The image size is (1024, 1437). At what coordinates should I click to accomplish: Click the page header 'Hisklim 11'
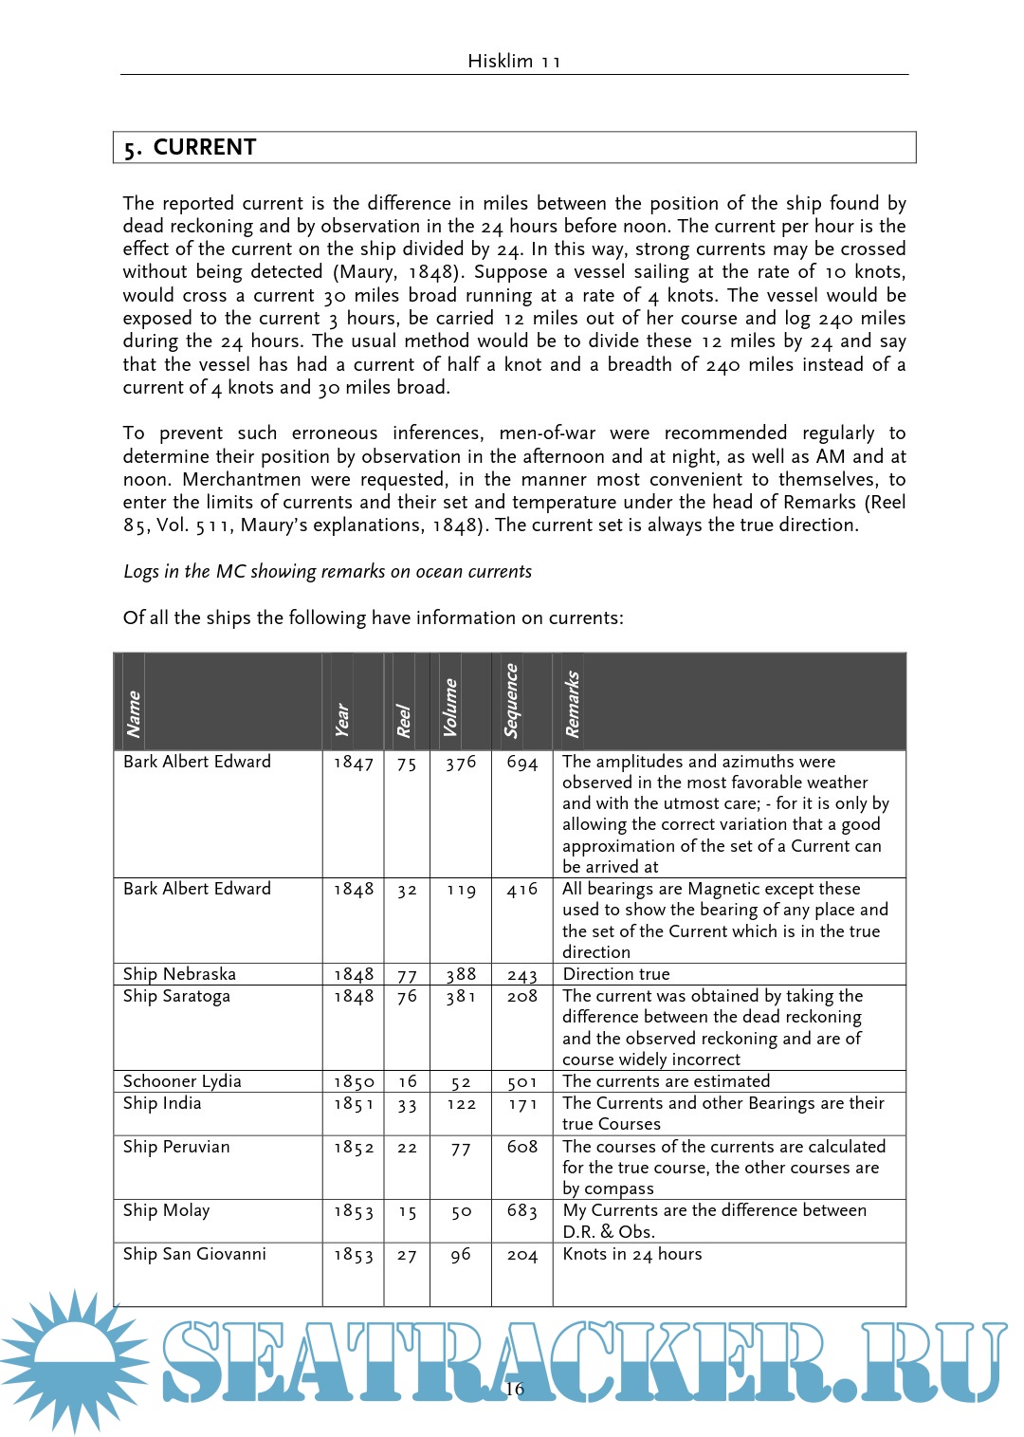514,62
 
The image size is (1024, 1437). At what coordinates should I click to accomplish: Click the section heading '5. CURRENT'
191,148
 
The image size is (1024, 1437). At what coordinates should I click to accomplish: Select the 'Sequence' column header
512,701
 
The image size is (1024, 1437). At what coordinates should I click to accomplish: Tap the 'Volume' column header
450,708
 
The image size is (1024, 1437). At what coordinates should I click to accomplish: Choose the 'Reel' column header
404,721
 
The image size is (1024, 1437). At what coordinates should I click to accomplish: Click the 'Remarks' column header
572,704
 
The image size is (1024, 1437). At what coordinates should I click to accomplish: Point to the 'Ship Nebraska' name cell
179,974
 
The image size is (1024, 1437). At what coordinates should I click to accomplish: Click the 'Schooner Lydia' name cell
182,1081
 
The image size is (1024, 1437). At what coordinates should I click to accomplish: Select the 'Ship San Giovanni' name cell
194,1254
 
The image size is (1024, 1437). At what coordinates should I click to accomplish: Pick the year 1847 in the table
353,763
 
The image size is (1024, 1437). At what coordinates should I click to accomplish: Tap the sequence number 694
521,763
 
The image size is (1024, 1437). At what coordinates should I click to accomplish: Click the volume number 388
461,974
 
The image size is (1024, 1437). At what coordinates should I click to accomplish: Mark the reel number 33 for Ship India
407,1104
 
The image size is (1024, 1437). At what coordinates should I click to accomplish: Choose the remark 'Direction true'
616,974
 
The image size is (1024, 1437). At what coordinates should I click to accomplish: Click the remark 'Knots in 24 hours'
632,1254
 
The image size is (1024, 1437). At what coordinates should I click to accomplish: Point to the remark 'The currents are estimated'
666,1081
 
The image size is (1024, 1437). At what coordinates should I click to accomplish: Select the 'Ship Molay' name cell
166,1210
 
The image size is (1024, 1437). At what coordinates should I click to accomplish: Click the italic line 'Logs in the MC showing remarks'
327,572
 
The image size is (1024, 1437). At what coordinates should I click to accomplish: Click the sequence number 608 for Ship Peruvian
521,1148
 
